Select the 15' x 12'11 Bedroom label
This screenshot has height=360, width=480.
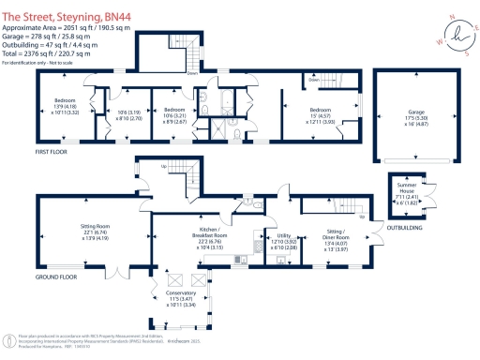(327, 114)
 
